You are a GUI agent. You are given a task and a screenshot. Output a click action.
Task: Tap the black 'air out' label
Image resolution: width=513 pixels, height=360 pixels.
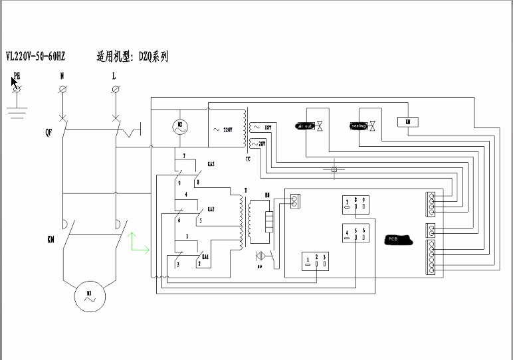click(x=305, y=125)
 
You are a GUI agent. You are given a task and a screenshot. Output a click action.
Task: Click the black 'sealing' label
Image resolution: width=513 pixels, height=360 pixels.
click(x=358, y=125)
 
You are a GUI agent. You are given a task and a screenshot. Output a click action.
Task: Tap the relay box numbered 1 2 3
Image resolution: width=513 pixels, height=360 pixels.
click(x=316, y=260)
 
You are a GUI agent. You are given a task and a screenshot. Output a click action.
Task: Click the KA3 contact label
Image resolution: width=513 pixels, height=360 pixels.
click(x=211, y=163)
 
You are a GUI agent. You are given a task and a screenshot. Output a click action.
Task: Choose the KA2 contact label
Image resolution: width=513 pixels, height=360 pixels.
click(x=211, y=209)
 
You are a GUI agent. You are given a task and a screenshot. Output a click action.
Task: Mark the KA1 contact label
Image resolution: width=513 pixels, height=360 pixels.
click(x=206, y=256)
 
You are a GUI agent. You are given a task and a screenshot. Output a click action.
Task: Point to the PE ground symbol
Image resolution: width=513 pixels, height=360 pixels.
click(x=18, y=88)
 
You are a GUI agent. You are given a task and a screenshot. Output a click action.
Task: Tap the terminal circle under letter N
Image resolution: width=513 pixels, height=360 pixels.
click(x=62, y=89)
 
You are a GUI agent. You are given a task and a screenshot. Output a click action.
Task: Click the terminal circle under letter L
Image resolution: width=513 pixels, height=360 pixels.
click(x=114, y=89)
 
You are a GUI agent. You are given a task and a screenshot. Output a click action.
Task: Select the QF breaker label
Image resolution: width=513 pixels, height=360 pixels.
click(x=49, y=132)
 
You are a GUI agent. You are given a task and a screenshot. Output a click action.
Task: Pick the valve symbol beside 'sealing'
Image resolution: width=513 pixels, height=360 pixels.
click(x=373, y=125)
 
